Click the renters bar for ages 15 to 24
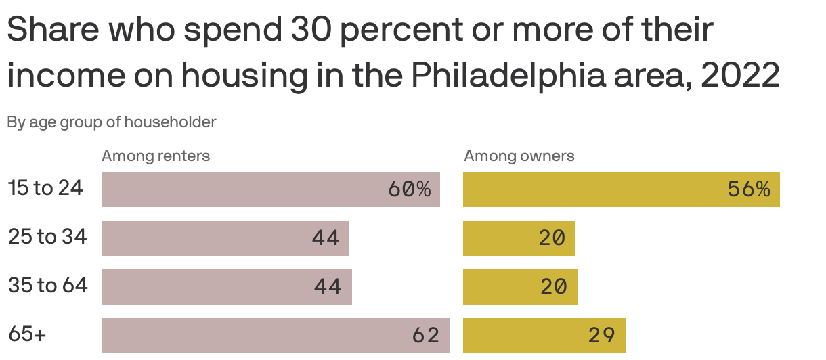271,189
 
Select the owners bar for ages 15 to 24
621,189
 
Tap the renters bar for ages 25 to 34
225,238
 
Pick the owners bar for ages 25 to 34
519,238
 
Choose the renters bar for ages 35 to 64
226,287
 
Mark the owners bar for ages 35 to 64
520,287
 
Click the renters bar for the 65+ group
275,336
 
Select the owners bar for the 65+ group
544,336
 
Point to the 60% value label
409,189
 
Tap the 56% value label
749,189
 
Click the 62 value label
426,336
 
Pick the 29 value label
602,336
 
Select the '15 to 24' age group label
45,188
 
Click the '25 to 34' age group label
47,237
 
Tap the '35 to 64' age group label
48,286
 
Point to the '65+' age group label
27,334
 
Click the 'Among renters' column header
156,156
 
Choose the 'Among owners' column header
519,156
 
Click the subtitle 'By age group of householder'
112,122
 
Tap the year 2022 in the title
740,76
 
